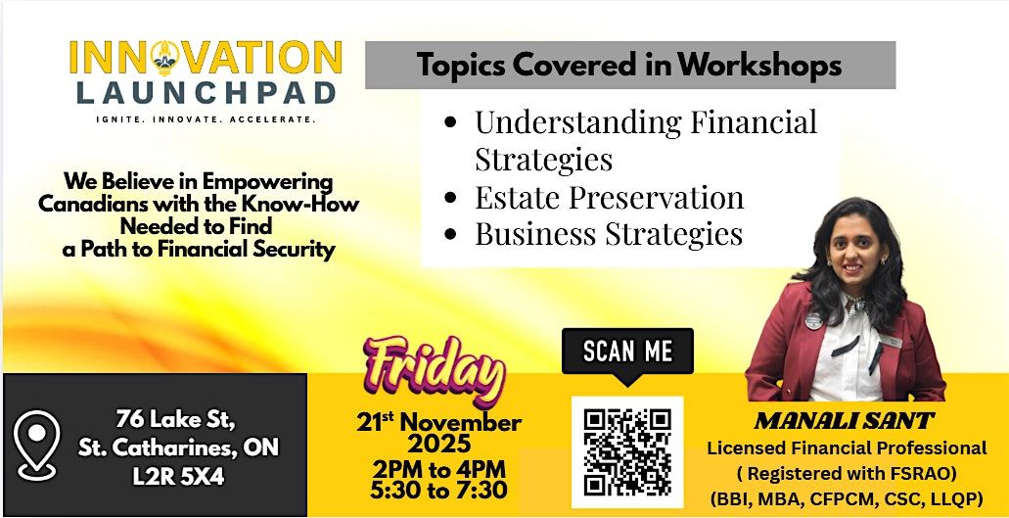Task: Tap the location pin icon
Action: tap(38, 446)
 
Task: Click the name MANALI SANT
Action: tap(844, 422)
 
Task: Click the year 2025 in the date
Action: tap(439, 444)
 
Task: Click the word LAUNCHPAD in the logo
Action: tap(204, 93)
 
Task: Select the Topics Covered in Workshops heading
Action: tap(629, 66)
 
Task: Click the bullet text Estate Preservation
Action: tap(609, 197)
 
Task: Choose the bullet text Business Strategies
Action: tap(608, 234)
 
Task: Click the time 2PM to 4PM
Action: tap(438, 467)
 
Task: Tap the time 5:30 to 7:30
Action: tap(439, 489)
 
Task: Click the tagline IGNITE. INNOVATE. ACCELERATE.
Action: tap(205, 118)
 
